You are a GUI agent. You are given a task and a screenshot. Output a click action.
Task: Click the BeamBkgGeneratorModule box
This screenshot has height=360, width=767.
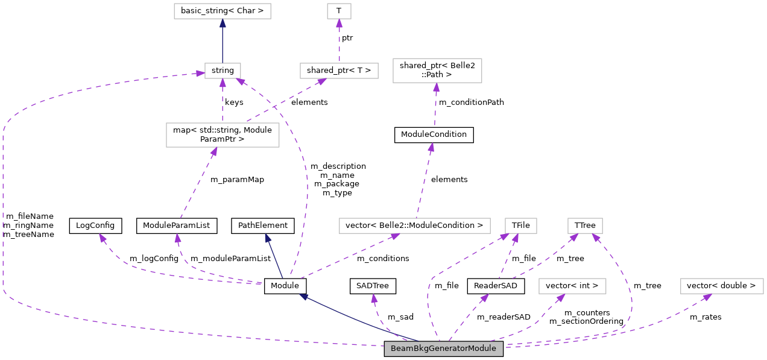pos(443,349)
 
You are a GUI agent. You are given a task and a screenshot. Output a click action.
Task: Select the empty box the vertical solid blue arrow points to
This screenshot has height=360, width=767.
pos(222,11)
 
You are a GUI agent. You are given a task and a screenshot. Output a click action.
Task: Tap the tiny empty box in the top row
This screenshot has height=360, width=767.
pos(339,11)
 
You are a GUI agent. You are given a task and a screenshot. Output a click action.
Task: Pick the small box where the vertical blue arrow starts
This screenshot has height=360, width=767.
pos(223,71)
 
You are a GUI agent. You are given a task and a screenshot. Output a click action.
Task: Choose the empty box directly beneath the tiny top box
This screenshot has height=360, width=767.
pos(339,71)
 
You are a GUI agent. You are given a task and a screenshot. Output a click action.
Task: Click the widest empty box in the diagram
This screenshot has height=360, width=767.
pos(414,226)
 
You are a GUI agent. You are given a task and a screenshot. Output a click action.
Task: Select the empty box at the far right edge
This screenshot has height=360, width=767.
pos(722,286)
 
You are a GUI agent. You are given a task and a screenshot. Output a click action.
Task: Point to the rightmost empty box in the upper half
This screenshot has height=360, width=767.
pos(437,71)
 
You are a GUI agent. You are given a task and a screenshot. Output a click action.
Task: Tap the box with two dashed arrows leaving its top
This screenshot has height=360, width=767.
pos(223,134)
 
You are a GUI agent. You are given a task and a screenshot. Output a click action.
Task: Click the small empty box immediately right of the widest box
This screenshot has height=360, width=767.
pos(520,226)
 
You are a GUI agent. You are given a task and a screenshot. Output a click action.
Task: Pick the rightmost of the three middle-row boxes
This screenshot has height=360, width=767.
pos(585,226)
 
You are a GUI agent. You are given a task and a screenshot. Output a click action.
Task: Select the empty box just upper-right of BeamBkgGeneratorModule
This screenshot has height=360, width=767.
pos(572,286)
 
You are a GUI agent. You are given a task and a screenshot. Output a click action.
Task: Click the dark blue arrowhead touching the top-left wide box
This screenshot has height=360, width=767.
pos(223,23)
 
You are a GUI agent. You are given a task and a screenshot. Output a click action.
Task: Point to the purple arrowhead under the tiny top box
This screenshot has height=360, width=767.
pos(339,23)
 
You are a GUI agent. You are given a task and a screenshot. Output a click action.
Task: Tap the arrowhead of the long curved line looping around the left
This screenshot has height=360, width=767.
pos(200,74)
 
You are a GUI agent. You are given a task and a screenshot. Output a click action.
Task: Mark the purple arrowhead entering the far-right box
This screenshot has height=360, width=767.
pos(707,297)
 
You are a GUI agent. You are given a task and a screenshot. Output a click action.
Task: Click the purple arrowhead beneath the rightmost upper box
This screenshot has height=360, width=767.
pos(436,87)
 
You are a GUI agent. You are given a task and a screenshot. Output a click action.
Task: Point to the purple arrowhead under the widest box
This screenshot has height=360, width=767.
pos(395,236)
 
